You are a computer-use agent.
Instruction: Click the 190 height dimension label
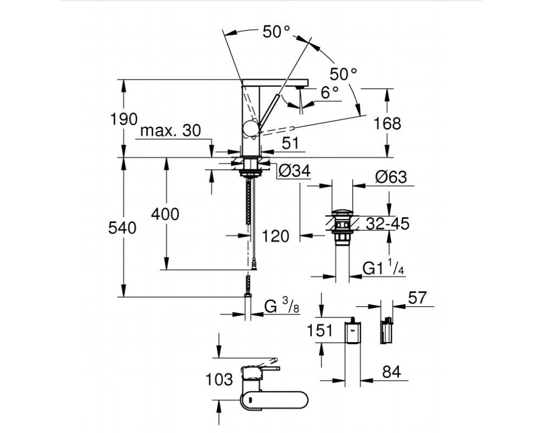pyautogui.click(x=124, y=119)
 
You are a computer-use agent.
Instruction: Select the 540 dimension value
pyautogui.click(x=122, y=228)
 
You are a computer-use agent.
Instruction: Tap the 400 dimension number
pyautogui.click(x=165, y=214)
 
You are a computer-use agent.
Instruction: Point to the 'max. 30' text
pyautogui.click(x=171, y=130)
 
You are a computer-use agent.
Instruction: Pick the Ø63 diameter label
pyautogui.click(x=391, y=177)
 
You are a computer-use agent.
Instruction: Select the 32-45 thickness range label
pyautogui.click(x=388, y=224)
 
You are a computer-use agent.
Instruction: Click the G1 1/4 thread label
pyautogui.click(x=384, y=267)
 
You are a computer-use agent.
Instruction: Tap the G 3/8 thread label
pyautogui.click(x=282, y=306)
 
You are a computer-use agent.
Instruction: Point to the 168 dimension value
pyautogui.click(x=387, y=123)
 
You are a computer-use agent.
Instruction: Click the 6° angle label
pyautogui.click(x=330, y=93)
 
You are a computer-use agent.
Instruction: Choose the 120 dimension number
pyautogui.click(x=275, y=237)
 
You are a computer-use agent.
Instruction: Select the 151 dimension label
pyautogui.click(x=320, y=331)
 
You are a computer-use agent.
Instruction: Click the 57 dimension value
pyautogui.click(x=417, y=298)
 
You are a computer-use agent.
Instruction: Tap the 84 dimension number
pyautogui.click(x=392, y=372)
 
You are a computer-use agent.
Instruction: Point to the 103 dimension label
pyautogui.click(x=219, y=380)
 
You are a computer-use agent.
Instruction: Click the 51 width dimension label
pyautogui.click(x=290, y=143)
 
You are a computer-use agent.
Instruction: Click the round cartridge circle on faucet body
pyautogui.click(x=250, y=129)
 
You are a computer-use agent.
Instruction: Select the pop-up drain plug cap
pyautogui.click(x=342, y=213)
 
